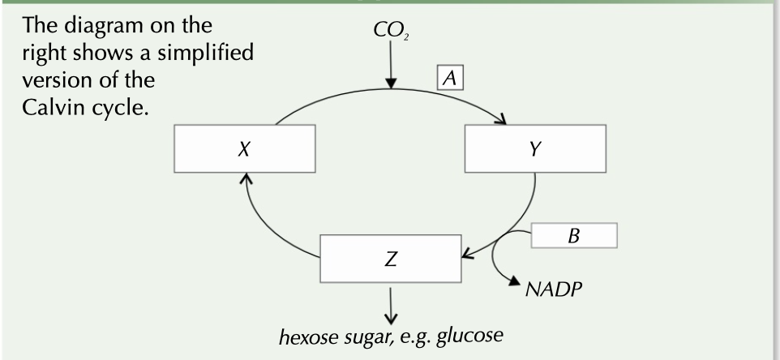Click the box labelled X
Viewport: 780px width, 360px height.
[x=243, y=152]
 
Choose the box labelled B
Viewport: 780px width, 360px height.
[x=573, y=238]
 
